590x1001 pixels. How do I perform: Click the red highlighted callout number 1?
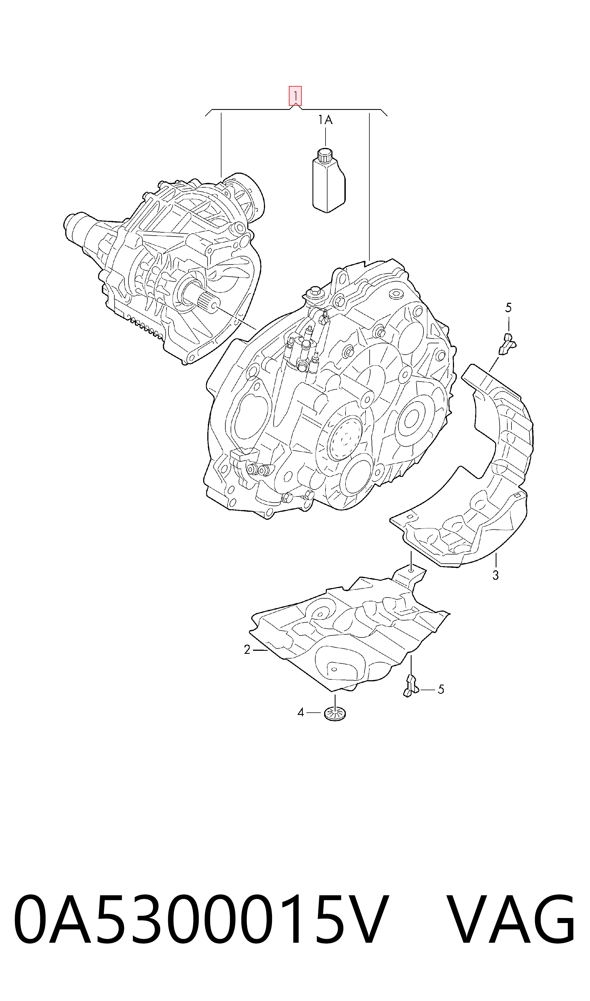tap(295, 96)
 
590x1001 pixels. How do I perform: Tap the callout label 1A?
tap(325, 120)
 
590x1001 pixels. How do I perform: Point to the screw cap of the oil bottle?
tap(325, 155)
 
